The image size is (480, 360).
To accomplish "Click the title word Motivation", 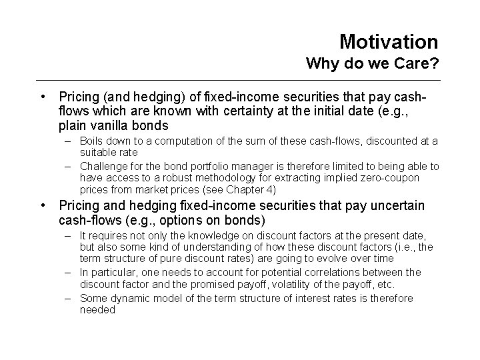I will (x=389, y=42).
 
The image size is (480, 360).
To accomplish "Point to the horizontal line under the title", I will (x=240, y=81).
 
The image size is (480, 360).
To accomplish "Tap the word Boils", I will (x=92, y=141).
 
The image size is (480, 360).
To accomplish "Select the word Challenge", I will (x=105, y=166).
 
